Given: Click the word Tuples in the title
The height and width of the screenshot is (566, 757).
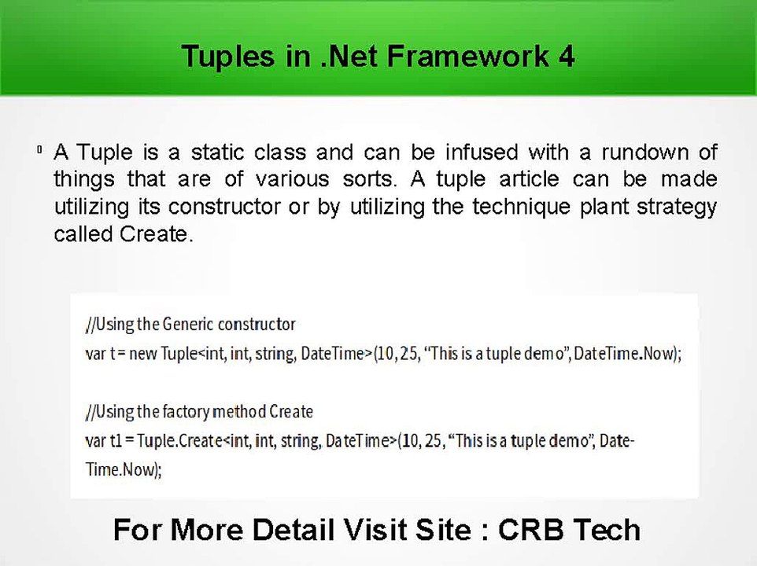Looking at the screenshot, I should (x=227, y=57).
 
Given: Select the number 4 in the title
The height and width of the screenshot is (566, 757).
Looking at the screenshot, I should (x=567, y=57).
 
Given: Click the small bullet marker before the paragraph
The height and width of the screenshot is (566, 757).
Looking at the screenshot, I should (x=39, y=150).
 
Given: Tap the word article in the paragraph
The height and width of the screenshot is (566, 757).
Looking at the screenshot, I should (x=529, y=179).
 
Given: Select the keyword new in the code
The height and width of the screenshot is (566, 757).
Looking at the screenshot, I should (x=143, y=354).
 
